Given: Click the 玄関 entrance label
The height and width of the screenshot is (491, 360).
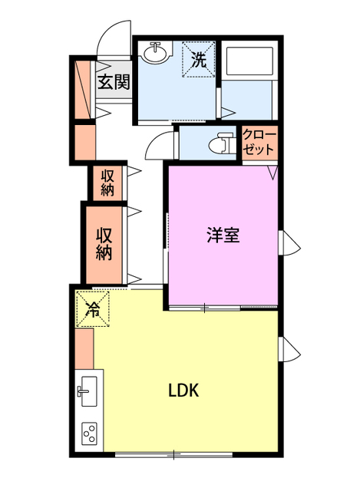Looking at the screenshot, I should [113, 81].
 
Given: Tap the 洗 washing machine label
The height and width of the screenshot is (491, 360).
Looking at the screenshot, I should [198, 60].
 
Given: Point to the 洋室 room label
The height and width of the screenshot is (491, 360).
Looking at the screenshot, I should [223, 236].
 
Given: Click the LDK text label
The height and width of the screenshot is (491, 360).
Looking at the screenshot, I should [184, 390].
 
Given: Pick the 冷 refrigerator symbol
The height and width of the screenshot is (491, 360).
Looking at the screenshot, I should [93, 310].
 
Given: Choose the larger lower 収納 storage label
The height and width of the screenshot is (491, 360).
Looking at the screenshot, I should [105, 243].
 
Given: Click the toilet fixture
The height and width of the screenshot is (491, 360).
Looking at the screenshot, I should [222, 143].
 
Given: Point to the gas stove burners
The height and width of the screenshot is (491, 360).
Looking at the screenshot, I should [88, 435].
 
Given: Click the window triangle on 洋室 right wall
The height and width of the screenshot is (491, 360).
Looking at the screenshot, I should [289, 243].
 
